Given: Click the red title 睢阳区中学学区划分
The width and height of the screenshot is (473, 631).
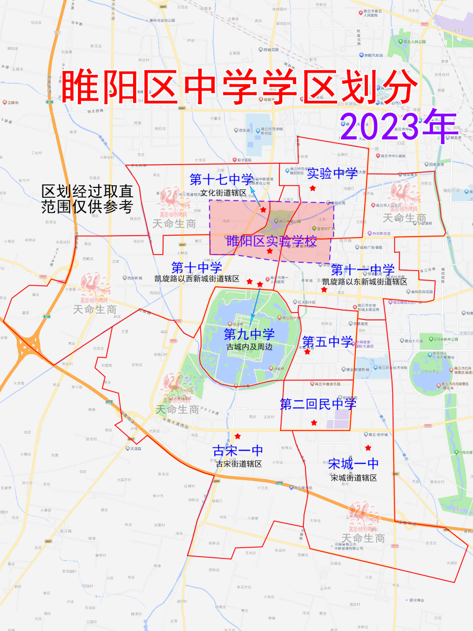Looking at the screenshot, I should pos(239,87).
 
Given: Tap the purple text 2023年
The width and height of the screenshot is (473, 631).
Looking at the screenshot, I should pos(398,126).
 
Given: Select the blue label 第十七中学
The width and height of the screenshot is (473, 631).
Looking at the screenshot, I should pos(221,179).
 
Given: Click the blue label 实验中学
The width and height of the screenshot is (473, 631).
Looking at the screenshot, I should pos(332,174).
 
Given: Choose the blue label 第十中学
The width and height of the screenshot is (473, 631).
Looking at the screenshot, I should pos(197,268).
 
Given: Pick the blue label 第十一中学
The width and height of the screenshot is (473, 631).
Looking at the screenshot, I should pos(363,270).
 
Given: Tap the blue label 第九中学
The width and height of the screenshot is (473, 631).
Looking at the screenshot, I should pos(249,334).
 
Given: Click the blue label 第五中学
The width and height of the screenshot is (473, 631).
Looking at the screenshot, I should pos(328,342).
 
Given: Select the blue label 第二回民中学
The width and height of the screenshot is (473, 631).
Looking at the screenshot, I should pos(318,404).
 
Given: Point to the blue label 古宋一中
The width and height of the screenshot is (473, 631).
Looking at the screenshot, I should pos(237,451).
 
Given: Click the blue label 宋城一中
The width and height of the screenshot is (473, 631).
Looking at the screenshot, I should pos(353,464).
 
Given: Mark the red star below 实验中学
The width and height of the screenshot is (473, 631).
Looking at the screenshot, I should pos(312,188).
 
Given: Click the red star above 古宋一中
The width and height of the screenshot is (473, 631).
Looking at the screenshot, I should pos(237,436).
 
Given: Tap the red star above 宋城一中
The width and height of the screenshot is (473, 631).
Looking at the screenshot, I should pos(368,448).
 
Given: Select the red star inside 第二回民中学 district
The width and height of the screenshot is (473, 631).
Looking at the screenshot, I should pos(314,423).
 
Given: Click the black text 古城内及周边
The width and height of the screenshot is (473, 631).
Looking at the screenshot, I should pos(249,347).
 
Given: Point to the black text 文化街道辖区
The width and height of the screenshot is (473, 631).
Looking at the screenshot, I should pos(223,193).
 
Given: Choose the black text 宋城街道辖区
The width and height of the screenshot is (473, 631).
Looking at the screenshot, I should pos(353,478).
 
